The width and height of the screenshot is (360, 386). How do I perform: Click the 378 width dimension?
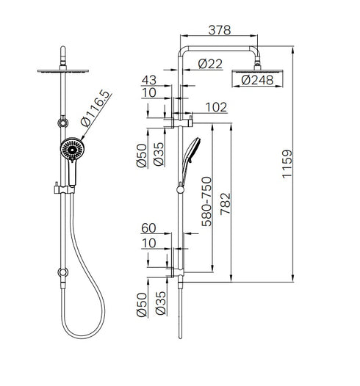tap(218, 31)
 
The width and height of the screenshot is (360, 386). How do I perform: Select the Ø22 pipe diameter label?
tap(210, 65)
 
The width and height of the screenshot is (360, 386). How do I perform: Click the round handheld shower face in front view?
tap(70, 150)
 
